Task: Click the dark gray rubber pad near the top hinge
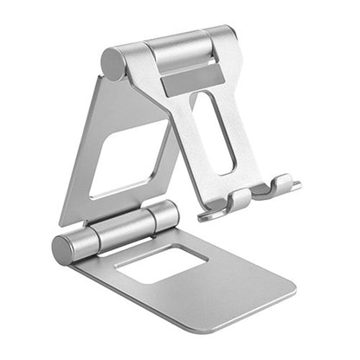pyautogui.click(x=192, y=80)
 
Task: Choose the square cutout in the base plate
pyautogui.click(x=159, y=263)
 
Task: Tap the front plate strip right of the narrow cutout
pyautogui.click(x=243, y=130)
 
